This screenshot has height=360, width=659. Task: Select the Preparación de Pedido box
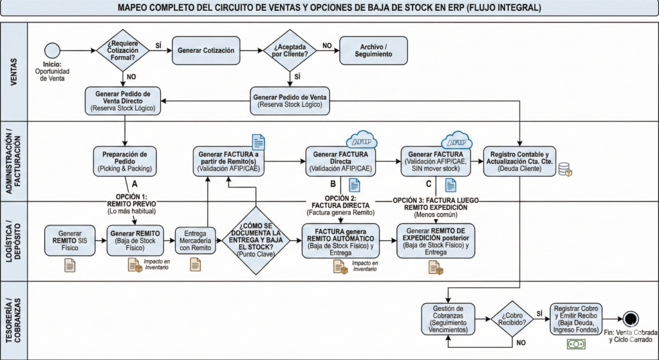(125, 160)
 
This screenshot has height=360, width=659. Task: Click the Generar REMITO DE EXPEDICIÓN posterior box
(436, 240)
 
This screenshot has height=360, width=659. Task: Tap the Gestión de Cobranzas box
(447, 319)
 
